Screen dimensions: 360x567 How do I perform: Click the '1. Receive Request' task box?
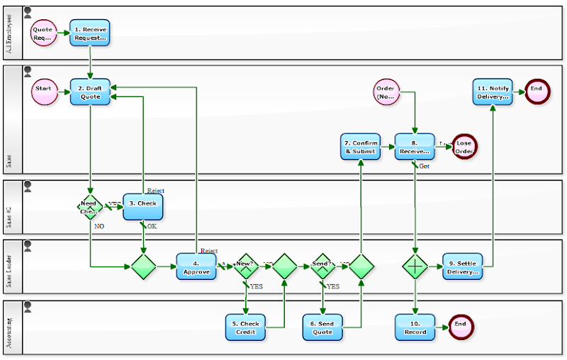click(x=90, y=33)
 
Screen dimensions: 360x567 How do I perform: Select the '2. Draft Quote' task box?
click(x=90, y=92)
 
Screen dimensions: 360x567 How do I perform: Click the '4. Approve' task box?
click(x=196, y=266)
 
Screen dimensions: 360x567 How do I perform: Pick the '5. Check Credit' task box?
click(x=245, y=327)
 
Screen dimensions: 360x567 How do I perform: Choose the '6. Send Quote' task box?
click(x=322, y=327)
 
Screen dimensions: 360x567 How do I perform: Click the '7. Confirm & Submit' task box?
click(x=361, y=147)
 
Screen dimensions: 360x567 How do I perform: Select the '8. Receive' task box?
click(x=415, y=147)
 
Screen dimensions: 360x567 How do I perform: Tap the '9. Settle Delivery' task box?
click(x=462, y=266)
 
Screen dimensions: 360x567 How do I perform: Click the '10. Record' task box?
click(x=415, y=327)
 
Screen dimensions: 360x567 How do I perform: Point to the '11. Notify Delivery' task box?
click(x=493, y=92)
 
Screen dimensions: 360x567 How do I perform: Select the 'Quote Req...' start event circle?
click(x=43, y=33)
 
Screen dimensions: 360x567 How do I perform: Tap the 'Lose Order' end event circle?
click(x=464, y=147)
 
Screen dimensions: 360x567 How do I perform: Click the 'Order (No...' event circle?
click(x=386, y=92)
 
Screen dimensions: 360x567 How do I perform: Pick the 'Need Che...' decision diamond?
click(x=89, y=206)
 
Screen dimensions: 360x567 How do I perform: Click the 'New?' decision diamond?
click(x=246, y=266)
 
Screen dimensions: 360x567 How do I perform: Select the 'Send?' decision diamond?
click(x=322, y=266)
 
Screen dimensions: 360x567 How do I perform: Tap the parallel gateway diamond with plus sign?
click(x=415, y=266)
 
